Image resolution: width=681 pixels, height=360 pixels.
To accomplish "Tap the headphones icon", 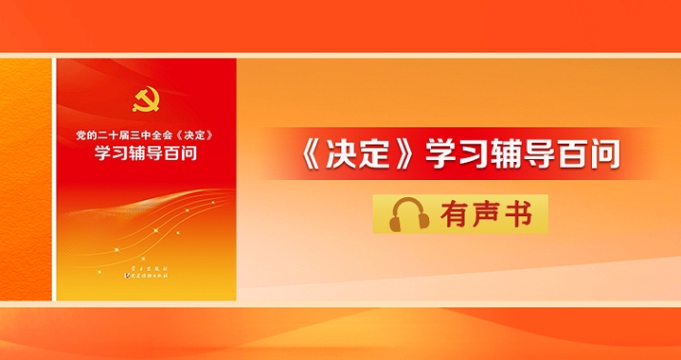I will tap(410, 214).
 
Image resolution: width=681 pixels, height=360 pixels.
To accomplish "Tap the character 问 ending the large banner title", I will tap(603, 154).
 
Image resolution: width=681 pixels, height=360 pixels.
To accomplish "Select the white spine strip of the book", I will tap(54, 180).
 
